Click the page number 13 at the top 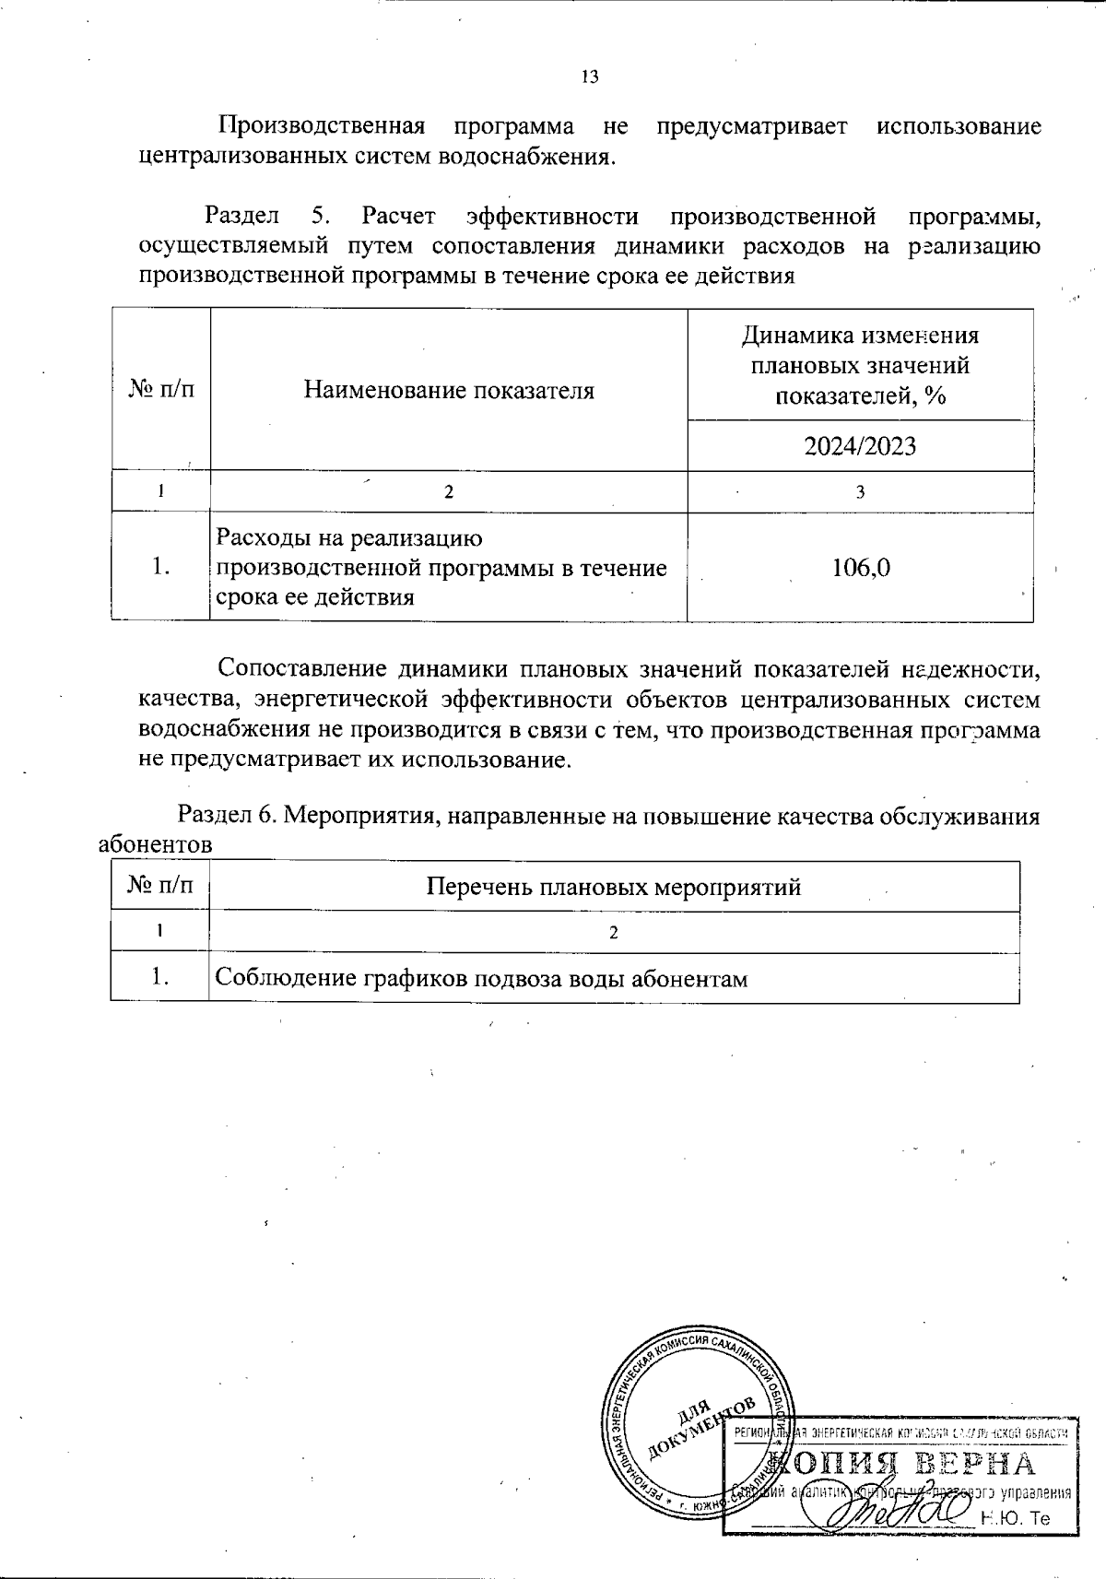(x=590, y=77)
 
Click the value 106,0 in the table (x=860, y=567)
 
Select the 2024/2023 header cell (x=860, y=446)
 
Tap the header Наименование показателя (x=449, y=390)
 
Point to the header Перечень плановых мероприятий (x=613, y=887)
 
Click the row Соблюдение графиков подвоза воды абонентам (x=480, y=978)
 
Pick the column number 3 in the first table (x=860, y=492)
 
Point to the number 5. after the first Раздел (x=321, y=217)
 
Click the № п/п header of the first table (x=161, y=390)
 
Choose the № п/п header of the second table (x=160, y=887)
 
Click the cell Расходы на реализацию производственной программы (x=441, y=567)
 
